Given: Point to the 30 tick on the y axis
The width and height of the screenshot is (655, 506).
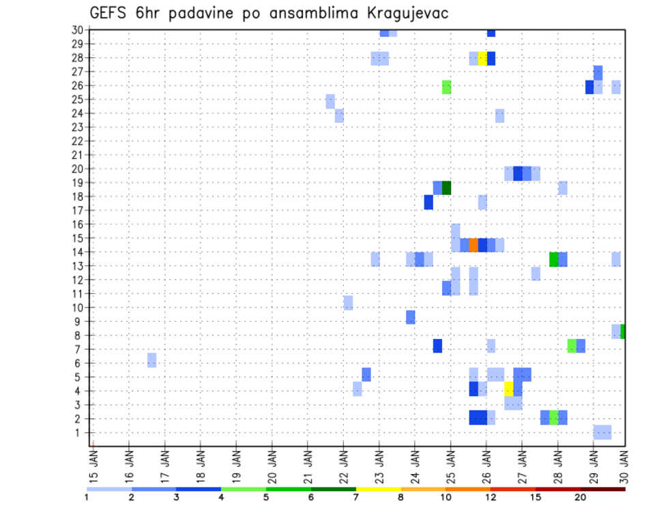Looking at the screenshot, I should (x=78, y=30).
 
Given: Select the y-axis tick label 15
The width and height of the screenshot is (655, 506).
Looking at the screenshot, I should (x=78, y=239).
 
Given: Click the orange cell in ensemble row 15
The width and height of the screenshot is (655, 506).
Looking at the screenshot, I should (x=474, y=245).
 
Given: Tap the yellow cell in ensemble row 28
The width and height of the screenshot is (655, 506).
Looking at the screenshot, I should (x=482, y=58).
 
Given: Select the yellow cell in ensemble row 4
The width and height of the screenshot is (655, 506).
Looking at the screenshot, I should (x=509, y=389).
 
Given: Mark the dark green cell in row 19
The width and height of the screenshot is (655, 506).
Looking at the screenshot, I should (x=447, y=188).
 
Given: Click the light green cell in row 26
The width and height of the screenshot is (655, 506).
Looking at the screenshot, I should (x=447, y=87).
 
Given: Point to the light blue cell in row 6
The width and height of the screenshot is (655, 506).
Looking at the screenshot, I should (x=151, y=360).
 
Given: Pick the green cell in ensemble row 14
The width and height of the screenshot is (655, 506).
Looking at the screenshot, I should (x=553, y=259).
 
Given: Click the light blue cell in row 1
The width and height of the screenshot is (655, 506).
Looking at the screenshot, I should (x=602, y=432).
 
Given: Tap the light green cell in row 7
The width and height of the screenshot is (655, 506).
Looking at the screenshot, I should (x=572, y=346).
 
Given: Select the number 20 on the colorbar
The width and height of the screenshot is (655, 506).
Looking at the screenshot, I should (x=580, y=497).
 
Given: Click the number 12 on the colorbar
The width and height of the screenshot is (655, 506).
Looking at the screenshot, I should (x=491, y=497).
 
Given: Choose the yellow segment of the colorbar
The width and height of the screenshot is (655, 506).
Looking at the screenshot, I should (x=378, y=489).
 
